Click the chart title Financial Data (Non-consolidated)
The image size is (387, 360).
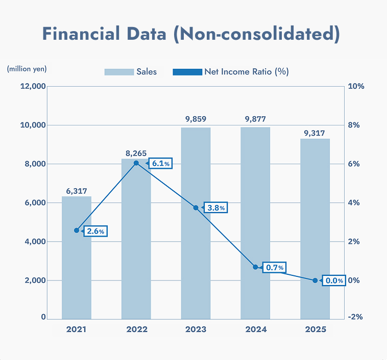191,34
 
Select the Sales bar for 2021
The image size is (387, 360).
77,258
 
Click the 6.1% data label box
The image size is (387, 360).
161,164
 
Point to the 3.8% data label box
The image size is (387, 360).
215,208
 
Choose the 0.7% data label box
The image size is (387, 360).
275,267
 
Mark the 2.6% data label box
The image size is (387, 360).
95,231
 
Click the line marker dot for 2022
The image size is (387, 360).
136,163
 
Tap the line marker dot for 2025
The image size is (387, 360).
315,280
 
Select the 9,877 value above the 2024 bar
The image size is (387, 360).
255,119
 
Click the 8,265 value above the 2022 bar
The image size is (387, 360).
136,152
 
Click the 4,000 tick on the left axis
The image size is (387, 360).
34,241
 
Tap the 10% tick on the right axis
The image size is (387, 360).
355,86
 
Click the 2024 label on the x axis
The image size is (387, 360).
255,329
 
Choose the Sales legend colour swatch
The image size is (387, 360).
118,72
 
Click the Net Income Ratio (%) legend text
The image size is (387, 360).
247,72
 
